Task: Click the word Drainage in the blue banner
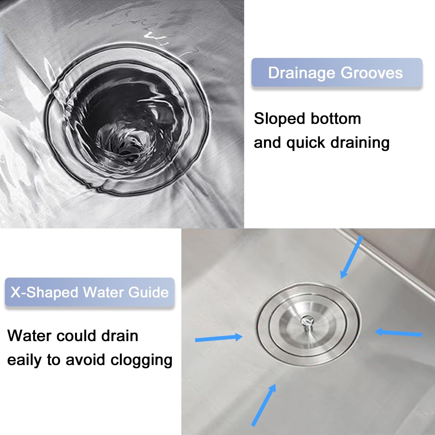pos(302,73)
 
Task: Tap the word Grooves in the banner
pos(372,73)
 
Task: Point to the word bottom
pos(336,119)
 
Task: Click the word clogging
pos(141,360)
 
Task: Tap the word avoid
pos(85,360)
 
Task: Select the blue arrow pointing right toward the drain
pos(219,338)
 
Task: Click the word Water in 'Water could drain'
pos(29,336)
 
